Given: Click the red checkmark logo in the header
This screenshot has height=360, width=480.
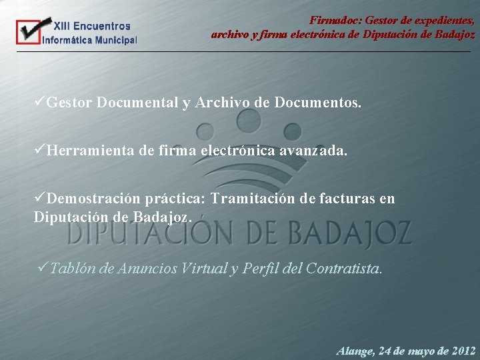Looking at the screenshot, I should coord(28,32).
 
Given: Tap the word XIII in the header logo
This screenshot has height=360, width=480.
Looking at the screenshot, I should coord(61,26).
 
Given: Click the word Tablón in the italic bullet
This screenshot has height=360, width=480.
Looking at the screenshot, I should coord(72,268).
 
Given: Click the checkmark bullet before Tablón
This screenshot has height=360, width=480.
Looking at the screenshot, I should coord(44,268).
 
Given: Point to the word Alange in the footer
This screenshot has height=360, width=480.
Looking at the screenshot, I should coord(355,350).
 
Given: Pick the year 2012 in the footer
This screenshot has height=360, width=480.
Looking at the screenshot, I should coord(463,350).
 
